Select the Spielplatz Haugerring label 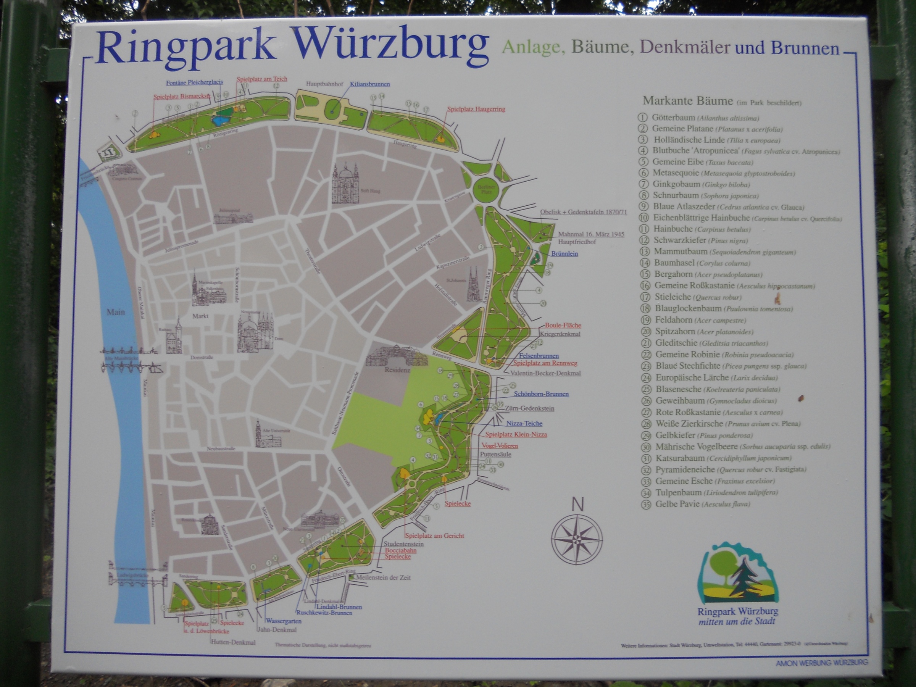click(x=476, y=109)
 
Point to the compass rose click(x=576, y=539)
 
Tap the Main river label click(x=116, y=312)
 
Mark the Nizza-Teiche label click(x=524, y=423)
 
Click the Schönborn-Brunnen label click(x=541, y=394)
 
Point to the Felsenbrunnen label click(x=539, y=356)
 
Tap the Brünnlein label click(x=564, y=253)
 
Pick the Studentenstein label click(x=403, y=544)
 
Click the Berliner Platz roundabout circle click(x=484, y=190)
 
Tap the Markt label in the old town click(x=200, y=316)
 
